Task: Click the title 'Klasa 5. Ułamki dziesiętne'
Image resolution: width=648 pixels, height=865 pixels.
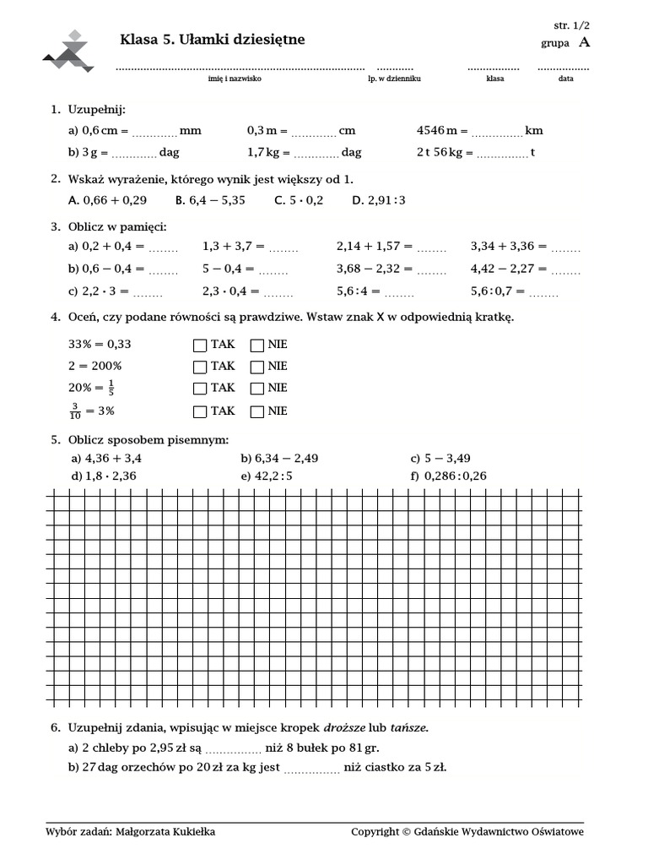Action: coord(213,40)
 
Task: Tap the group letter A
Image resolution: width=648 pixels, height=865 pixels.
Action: coord(585,42)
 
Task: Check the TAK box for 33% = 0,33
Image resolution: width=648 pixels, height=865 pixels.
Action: coord(200,345)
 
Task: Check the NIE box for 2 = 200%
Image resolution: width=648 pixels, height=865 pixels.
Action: coord(256,367)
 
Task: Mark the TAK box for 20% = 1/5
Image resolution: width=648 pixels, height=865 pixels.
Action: coord(200,389)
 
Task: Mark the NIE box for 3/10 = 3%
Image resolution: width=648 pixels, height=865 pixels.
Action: coord(256,411)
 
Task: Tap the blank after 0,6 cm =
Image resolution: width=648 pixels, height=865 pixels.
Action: coord(154,133)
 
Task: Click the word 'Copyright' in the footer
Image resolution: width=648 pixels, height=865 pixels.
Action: coord(375,832)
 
